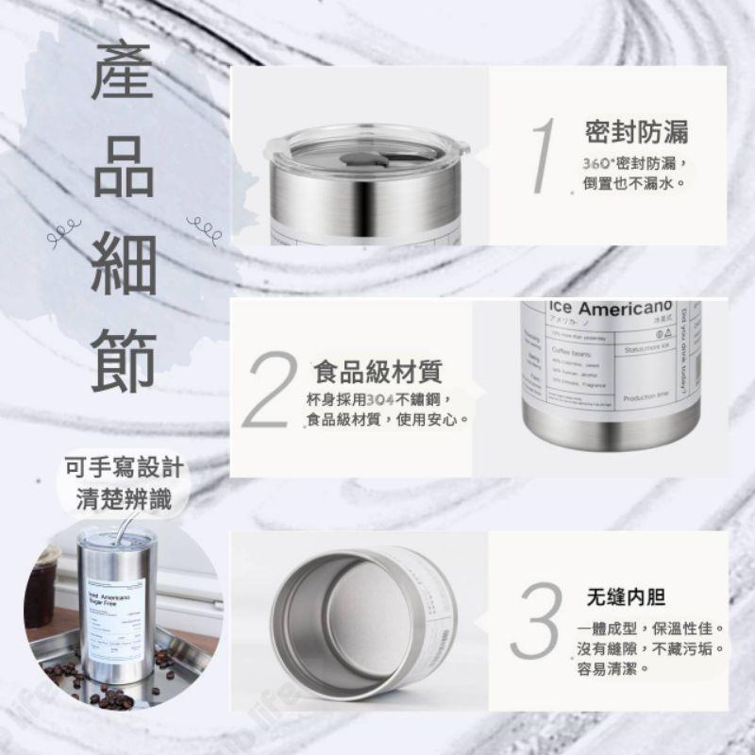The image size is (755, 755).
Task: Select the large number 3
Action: coord(537,620)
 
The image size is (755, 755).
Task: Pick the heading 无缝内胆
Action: coord(626,596)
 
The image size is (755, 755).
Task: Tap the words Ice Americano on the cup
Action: coord(609,309)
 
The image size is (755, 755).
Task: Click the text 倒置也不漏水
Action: coord(633,180)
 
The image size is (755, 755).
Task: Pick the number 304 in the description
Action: coord(381,398)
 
